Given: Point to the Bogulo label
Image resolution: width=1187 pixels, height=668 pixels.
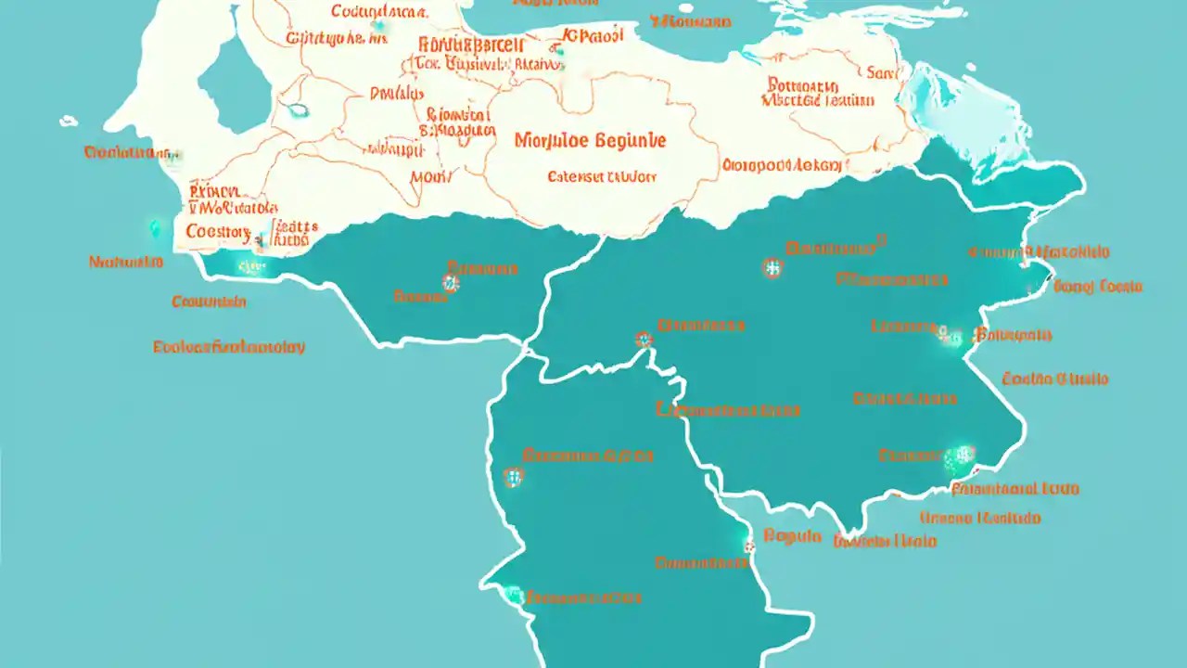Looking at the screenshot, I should (x=793, y=535).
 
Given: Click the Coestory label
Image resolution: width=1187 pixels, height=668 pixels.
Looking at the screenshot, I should (x=218, y=231).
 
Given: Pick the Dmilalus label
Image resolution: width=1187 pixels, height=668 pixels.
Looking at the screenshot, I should (x=395, y=93).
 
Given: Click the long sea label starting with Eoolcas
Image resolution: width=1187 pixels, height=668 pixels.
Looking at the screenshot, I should (x=229, y=347).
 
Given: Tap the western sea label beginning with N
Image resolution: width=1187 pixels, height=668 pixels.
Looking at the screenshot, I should (x=126, y=262).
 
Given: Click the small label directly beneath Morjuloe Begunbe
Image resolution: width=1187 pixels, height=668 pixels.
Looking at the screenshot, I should (x=601, y=175).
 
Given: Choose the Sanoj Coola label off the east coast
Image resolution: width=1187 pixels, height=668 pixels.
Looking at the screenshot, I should (x=1098, y=286).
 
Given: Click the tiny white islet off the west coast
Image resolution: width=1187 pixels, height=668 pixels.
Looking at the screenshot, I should (x=69, y=121).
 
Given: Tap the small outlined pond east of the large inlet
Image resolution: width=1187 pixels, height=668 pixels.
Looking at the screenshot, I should (x=298, y=110).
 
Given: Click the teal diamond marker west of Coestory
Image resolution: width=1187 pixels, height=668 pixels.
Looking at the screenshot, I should (x=154, y=227).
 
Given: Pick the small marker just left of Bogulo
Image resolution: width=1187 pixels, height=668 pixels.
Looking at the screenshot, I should (x=749, y=546).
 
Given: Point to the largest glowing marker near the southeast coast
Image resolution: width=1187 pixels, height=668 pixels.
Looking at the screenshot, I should (x=959, y=456).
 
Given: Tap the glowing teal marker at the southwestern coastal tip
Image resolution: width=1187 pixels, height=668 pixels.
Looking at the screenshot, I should (x=512, y=595).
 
